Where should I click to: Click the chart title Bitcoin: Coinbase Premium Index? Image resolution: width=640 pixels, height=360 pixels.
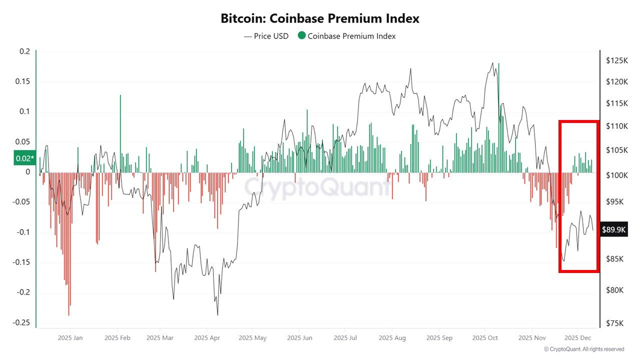pos(320,18)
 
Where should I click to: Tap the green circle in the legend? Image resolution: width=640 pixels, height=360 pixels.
pos(301,35)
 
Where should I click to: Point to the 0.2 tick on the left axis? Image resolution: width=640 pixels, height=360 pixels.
pos(25,51)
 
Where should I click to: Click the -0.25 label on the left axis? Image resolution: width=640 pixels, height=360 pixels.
pos(21,322)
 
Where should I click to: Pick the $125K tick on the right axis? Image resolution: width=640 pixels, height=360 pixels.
pos(616,60)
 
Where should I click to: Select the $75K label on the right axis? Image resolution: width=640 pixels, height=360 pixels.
pos(614,323)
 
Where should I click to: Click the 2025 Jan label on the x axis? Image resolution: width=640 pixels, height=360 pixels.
pos(70,338)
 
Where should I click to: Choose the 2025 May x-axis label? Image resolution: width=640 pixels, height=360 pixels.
pos(252,338)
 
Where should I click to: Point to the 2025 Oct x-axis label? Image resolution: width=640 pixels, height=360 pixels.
pos(485,338)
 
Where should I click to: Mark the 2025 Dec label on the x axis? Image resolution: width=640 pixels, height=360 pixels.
pos(578,338)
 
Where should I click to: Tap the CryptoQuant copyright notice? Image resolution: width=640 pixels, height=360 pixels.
pos(583,349)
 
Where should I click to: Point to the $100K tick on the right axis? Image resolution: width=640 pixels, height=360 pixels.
pos(616,175)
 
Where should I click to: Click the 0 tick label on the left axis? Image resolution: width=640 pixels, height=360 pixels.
pos(28,172)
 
